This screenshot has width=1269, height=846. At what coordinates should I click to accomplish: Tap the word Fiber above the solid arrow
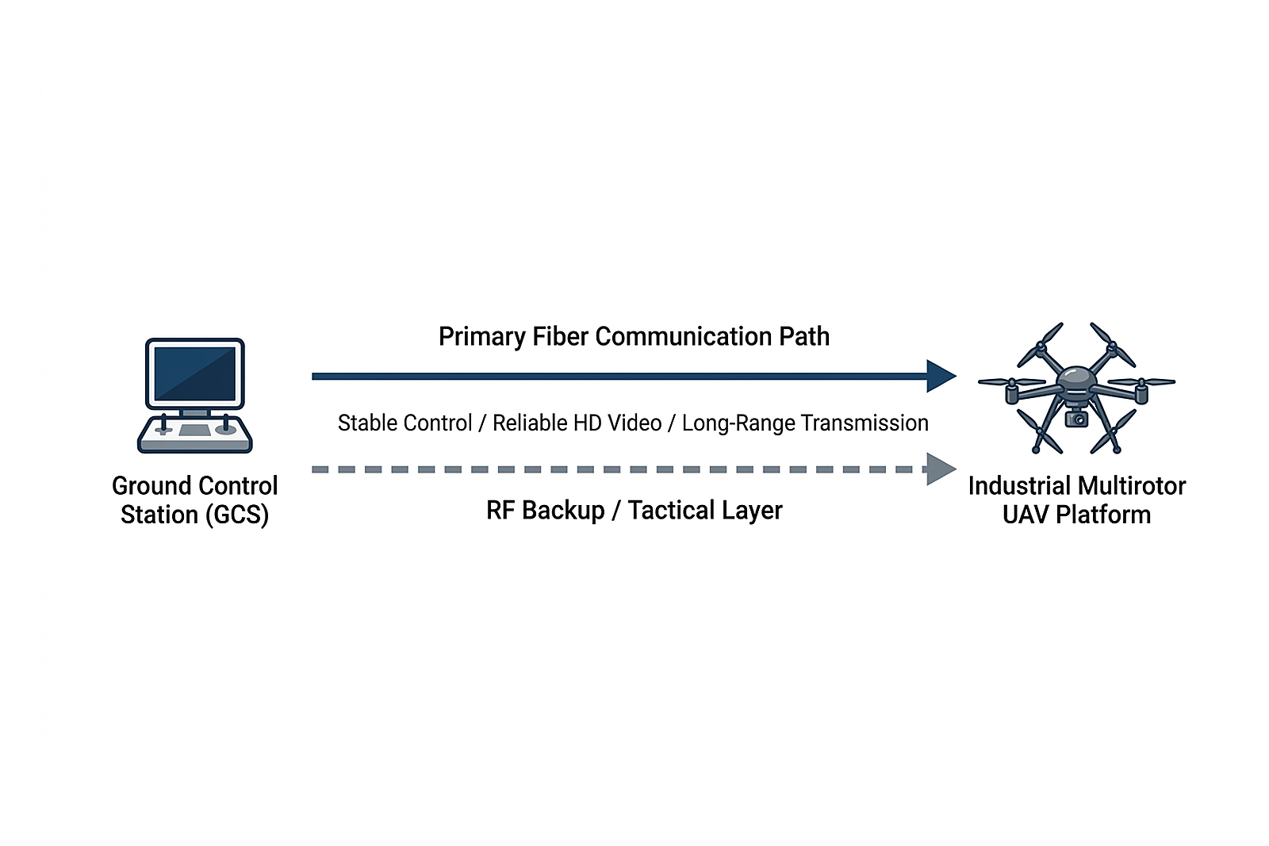coord(560,337)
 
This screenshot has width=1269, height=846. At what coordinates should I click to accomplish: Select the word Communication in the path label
coord(683,337)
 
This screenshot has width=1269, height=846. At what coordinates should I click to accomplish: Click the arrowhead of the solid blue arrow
coord(941,376)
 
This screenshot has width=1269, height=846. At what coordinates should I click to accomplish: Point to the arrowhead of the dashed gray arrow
coord(941,469)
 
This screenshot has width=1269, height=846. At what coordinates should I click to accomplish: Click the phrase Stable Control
coord(404,423)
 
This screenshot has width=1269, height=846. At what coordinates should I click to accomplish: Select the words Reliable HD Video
coord(577,423)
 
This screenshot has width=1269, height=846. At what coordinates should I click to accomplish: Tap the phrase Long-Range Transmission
coord(805,423)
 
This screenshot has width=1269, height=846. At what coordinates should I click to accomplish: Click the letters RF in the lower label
coord(500,511)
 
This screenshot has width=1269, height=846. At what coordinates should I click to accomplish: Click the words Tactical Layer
coord(705,511)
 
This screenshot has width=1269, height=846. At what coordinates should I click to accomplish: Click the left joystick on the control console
coord(164,425)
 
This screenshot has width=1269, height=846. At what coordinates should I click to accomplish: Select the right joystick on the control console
coord(225,424)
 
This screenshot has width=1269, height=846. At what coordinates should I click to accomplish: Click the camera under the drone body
coord(1076,418)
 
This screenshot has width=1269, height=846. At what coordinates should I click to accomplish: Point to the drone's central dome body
coord(1076,379)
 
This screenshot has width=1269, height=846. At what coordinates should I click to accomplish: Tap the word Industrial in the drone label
coord(1018,486)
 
